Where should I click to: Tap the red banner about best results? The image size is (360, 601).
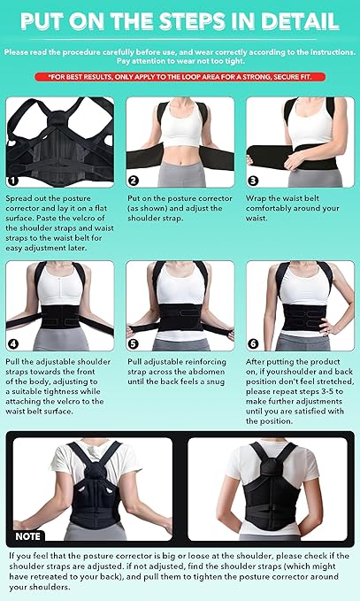coord(180,77)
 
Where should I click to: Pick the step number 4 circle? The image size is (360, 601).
coord(12,344)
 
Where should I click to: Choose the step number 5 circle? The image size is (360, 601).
coord(132,344)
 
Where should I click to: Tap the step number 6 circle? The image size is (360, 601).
coord(252,344)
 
